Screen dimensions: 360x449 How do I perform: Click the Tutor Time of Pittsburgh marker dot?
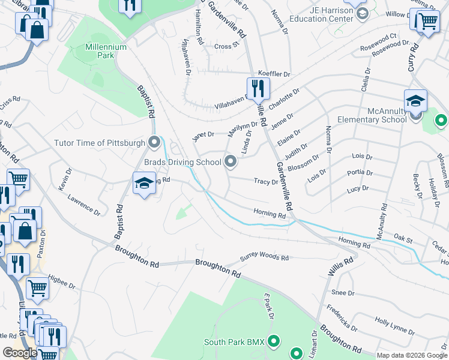click(155, 143)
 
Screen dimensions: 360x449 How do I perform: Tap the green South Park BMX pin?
click(274, 342)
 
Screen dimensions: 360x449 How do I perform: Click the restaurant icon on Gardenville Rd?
click(256, 89)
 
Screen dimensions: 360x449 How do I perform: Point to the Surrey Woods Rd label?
click(264, 257)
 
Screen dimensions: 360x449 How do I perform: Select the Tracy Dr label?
click(265, 181)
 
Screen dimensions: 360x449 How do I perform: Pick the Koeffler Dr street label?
click(274, 74)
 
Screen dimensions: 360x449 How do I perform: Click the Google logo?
click(20, 353)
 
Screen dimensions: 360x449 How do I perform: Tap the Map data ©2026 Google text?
click(412, 355)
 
